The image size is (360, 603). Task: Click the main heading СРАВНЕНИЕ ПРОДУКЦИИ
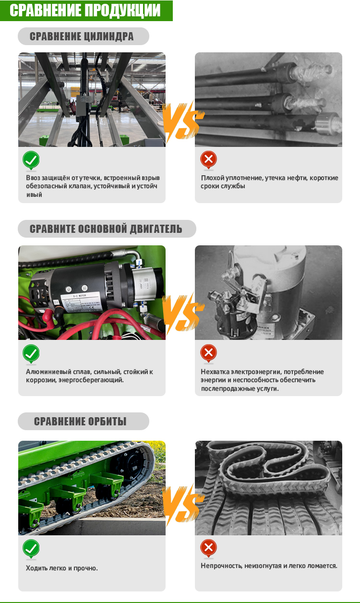[85, 10]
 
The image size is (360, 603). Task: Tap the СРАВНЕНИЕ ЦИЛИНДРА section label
[82, 36]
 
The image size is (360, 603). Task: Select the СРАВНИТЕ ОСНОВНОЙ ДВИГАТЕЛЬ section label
[106, 229]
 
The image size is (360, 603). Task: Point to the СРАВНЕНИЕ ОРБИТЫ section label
[80, 422]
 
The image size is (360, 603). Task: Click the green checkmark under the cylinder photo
[31, 160]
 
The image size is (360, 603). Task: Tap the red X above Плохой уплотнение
[208, 159]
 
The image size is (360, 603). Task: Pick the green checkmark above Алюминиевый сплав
[31, 353]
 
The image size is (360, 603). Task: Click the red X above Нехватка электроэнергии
[208, 352]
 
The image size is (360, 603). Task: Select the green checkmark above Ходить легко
[31, 548]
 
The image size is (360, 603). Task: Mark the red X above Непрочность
[208, 547]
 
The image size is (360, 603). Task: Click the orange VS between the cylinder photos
[183, 121]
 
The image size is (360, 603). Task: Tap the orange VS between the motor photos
[183, 313]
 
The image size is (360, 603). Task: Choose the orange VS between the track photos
[183, 504]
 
